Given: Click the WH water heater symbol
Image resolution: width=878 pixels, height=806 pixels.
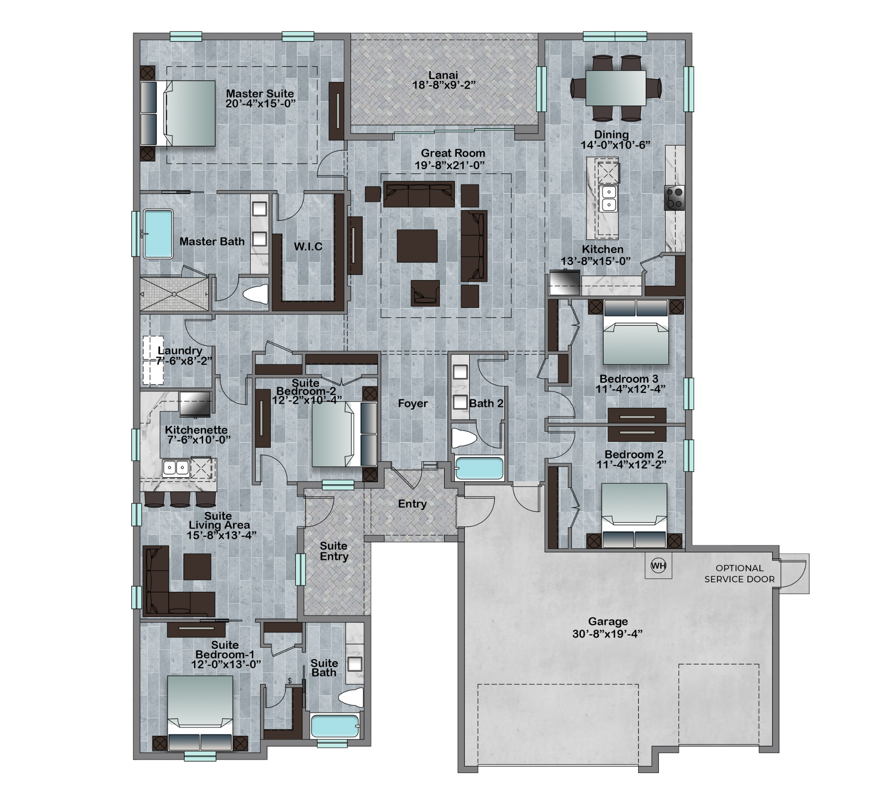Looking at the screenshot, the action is click(x=658, y=565).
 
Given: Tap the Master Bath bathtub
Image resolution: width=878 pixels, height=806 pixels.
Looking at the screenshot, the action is click(x=158, y=234).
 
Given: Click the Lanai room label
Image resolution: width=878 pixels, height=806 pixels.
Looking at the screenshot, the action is click(x=443, y=75).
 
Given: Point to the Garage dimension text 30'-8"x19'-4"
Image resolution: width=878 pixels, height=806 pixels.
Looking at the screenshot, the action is click(x=608, y=633).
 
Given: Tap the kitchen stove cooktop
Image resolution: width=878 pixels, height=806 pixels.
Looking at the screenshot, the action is click(x=674, y=198).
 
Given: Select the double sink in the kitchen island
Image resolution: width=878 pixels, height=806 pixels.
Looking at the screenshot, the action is click(x=608, y=198).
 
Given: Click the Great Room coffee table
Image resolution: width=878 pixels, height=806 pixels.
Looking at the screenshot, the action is click(x=417, y=246).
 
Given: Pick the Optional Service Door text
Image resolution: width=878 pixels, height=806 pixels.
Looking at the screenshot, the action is click(x=739, y=573).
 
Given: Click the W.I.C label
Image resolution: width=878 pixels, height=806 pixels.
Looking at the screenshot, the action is click(x=308, y=246).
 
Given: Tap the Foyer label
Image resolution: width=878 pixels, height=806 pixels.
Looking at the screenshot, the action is click(x=413, y=403).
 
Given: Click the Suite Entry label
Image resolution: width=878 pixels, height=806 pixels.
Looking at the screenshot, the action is click(x=334, y=551).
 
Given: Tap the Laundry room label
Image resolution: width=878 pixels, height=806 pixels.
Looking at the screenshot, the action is click(x=180, y=350).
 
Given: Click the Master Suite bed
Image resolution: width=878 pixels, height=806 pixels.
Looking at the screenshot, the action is click(x=178, y=113).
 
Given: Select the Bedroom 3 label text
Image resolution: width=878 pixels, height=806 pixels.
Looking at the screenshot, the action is click(x=629, y=378).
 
